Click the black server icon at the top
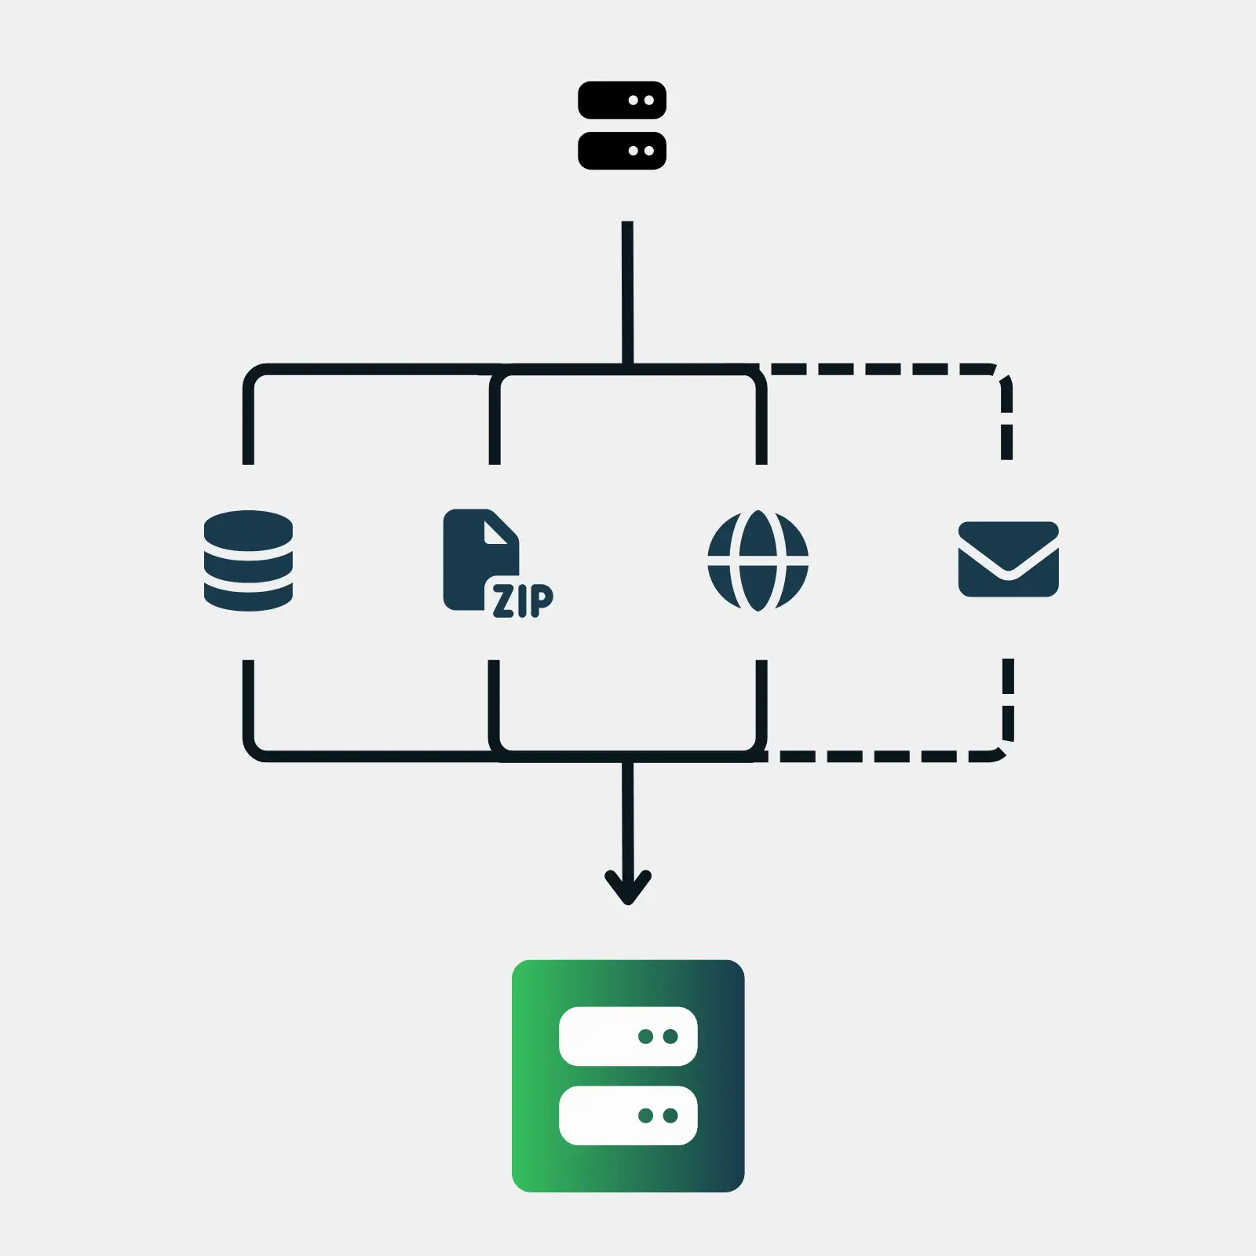(622, 126)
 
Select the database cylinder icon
(248, 560)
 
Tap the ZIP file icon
(498, 563)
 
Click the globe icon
(758, 560)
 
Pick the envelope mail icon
(1009, 559)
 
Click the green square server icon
(628, 1075)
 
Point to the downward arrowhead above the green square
(628, 887)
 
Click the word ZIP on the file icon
(523, 601)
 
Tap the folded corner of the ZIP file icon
(497, 531)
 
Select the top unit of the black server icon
(622, 100)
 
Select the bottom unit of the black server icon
(622, 151)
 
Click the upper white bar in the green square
(628, 1036)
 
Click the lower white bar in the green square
(628, 1115)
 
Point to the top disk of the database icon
(248, 531)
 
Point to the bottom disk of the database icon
(248, 597)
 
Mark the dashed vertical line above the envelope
(1007, 420)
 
